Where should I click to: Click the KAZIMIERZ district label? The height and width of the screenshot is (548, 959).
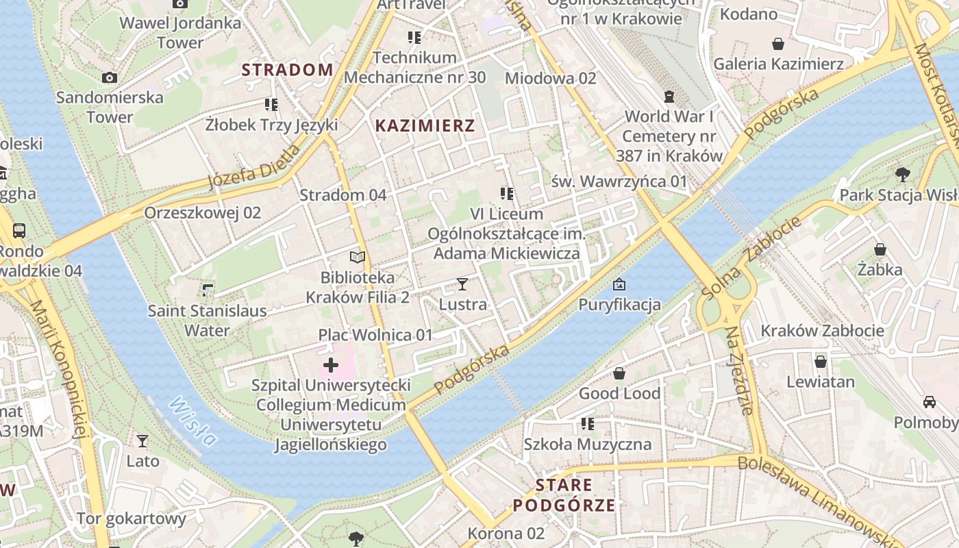425,125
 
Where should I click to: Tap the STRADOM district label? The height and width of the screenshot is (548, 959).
288,69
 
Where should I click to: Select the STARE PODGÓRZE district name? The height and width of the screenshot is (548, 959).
564,495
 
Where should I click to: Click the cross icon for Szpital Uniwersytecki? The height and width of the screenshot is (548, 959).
331,365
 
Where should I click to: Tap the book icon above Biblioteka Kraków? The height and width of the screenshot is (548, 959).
358,258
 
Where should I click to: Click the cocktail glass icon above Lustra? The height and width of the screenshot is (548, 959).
462,284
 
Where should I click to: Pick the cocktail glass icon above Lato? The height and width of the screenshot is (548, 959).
142,440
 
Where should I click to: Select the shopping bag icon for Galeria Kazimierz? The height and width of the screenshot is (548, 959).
778,45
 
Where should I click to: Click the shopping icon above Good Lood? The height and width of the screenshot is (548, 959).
619,373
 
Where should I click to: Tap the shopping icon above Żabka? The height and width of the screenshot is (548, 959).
880,249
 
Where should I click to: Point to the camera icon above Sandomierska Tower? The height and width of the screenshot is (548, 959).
110,77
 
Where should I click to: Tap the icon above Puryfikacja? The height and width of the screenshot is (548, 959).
619,284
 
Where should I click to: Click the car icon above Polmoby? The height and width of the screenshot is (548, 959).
929,402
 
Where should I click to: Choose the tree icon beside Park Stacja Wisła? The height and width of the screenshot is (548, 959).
902,175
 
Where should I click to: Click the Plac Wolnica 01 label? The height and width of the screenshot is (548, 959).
375,335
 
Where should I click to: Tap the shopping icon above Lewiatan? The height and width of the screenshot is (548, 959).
820,362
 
